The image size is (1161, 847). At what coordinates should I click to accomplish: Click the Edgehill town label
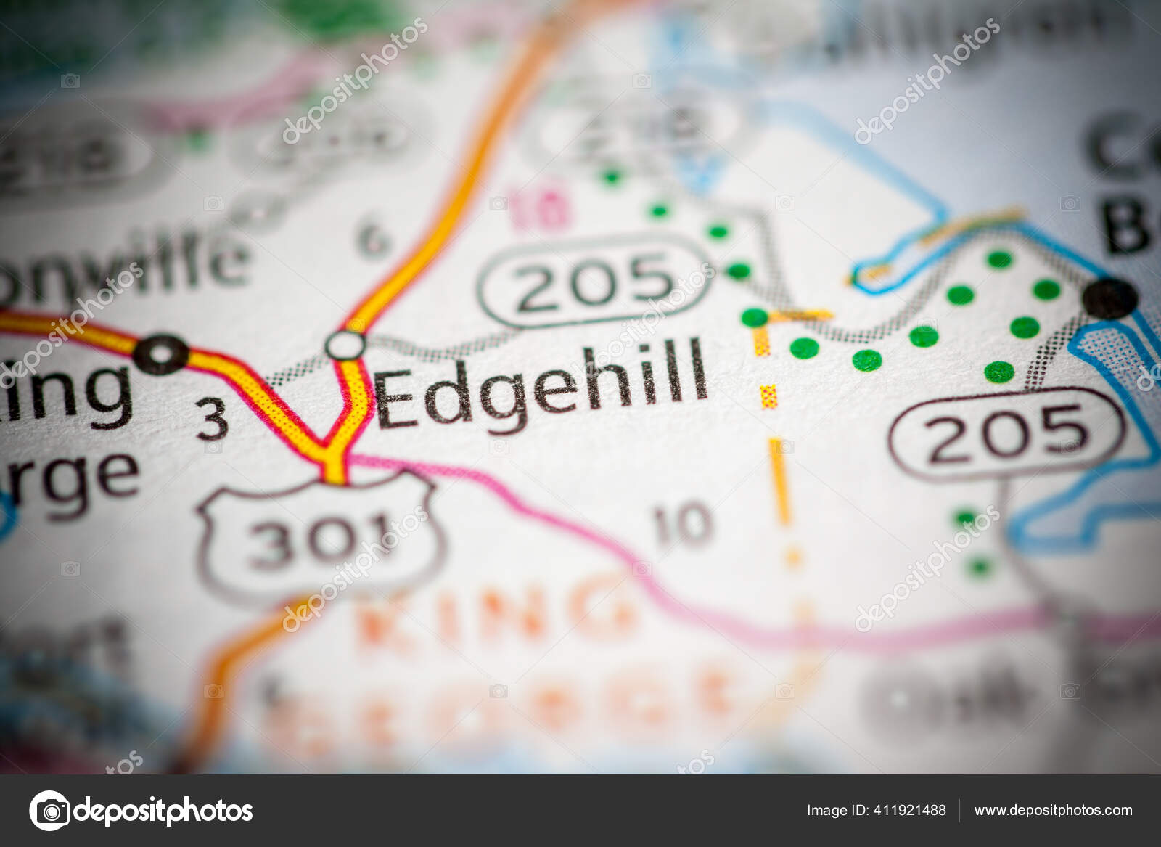(x=541, y=385)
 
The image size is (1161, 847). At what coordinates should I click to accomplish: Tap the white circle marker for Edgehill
(x=345, y=345)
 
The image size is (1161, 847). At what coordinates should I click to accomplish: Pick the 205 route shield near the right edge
(x=1007, y=433)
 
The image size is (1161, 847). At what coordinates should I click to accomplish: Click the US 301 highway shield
(x=319, y=537)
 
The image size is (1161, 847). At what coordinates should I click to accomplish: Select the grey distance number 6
(x=374, y=240)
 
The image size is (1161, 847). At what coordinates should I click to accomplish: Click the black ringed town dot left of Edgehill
(x=162, y=355)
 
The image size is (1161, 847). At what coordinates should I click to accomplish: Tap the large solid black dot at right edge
(x=1109, y=298)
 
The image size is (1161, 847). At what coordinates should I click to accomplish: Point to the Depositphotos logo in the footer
(x=141, y=810)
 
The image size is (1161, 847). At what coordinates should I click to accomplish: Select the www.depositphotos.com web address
(x=1053, y=810)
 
